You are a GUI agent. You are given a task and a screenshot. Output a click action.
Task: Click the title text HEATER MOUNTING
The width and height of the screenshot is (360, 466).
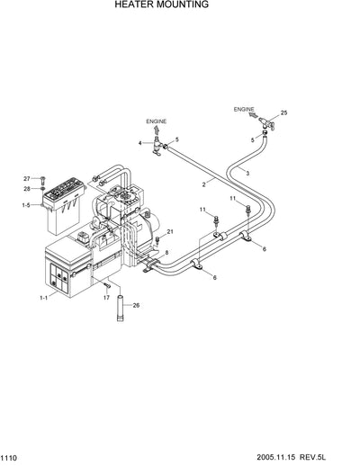[x=161, y=4]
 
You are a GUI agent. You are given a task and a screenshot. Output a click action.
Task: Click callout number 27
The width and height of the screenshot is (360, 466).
[x=27, y=178]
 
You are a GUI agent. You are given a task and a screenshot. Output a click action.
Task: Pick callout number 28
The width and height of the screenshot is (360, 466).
[x=27, y=188]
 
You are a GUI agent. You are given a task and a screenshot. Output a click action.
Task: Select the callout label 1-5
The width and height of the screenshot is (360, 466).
[x=25, y=206]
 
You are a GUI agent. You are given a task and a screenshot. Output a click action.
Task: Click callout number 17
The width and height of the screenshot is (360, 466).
[x=105, y=297]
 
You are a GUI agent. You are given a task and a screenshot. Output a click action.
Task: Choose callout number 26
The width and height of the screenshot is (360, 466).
[x=137, y=306]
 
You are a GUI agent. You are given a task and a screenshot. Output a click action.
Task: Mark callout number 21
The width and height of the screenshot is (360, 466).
[x=169, y=232]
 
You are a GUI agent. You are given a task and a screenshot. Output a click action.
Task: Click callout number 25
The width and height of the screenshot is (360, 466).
[x=284, y=112]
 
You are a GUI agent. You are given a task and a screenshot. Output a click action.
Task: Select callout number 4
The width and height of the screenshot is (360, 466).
[x=140, y=142]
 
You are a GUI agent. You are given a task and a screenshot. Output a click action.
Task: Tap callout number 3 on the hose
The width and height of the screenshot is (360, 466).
[x=247, y=172]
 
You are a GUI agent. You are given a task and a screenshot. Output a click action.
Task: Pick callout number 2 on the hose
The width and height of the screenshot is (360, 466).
[x=203, y=184]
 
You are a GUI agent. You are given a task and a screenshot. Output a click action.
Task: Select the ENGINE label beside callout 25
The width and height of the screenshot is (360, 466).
[x=244, y=109]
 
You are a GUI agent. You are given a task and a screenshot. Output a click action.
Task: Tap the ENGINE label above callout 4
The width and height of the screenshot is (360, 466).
[x=157, y=120]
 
